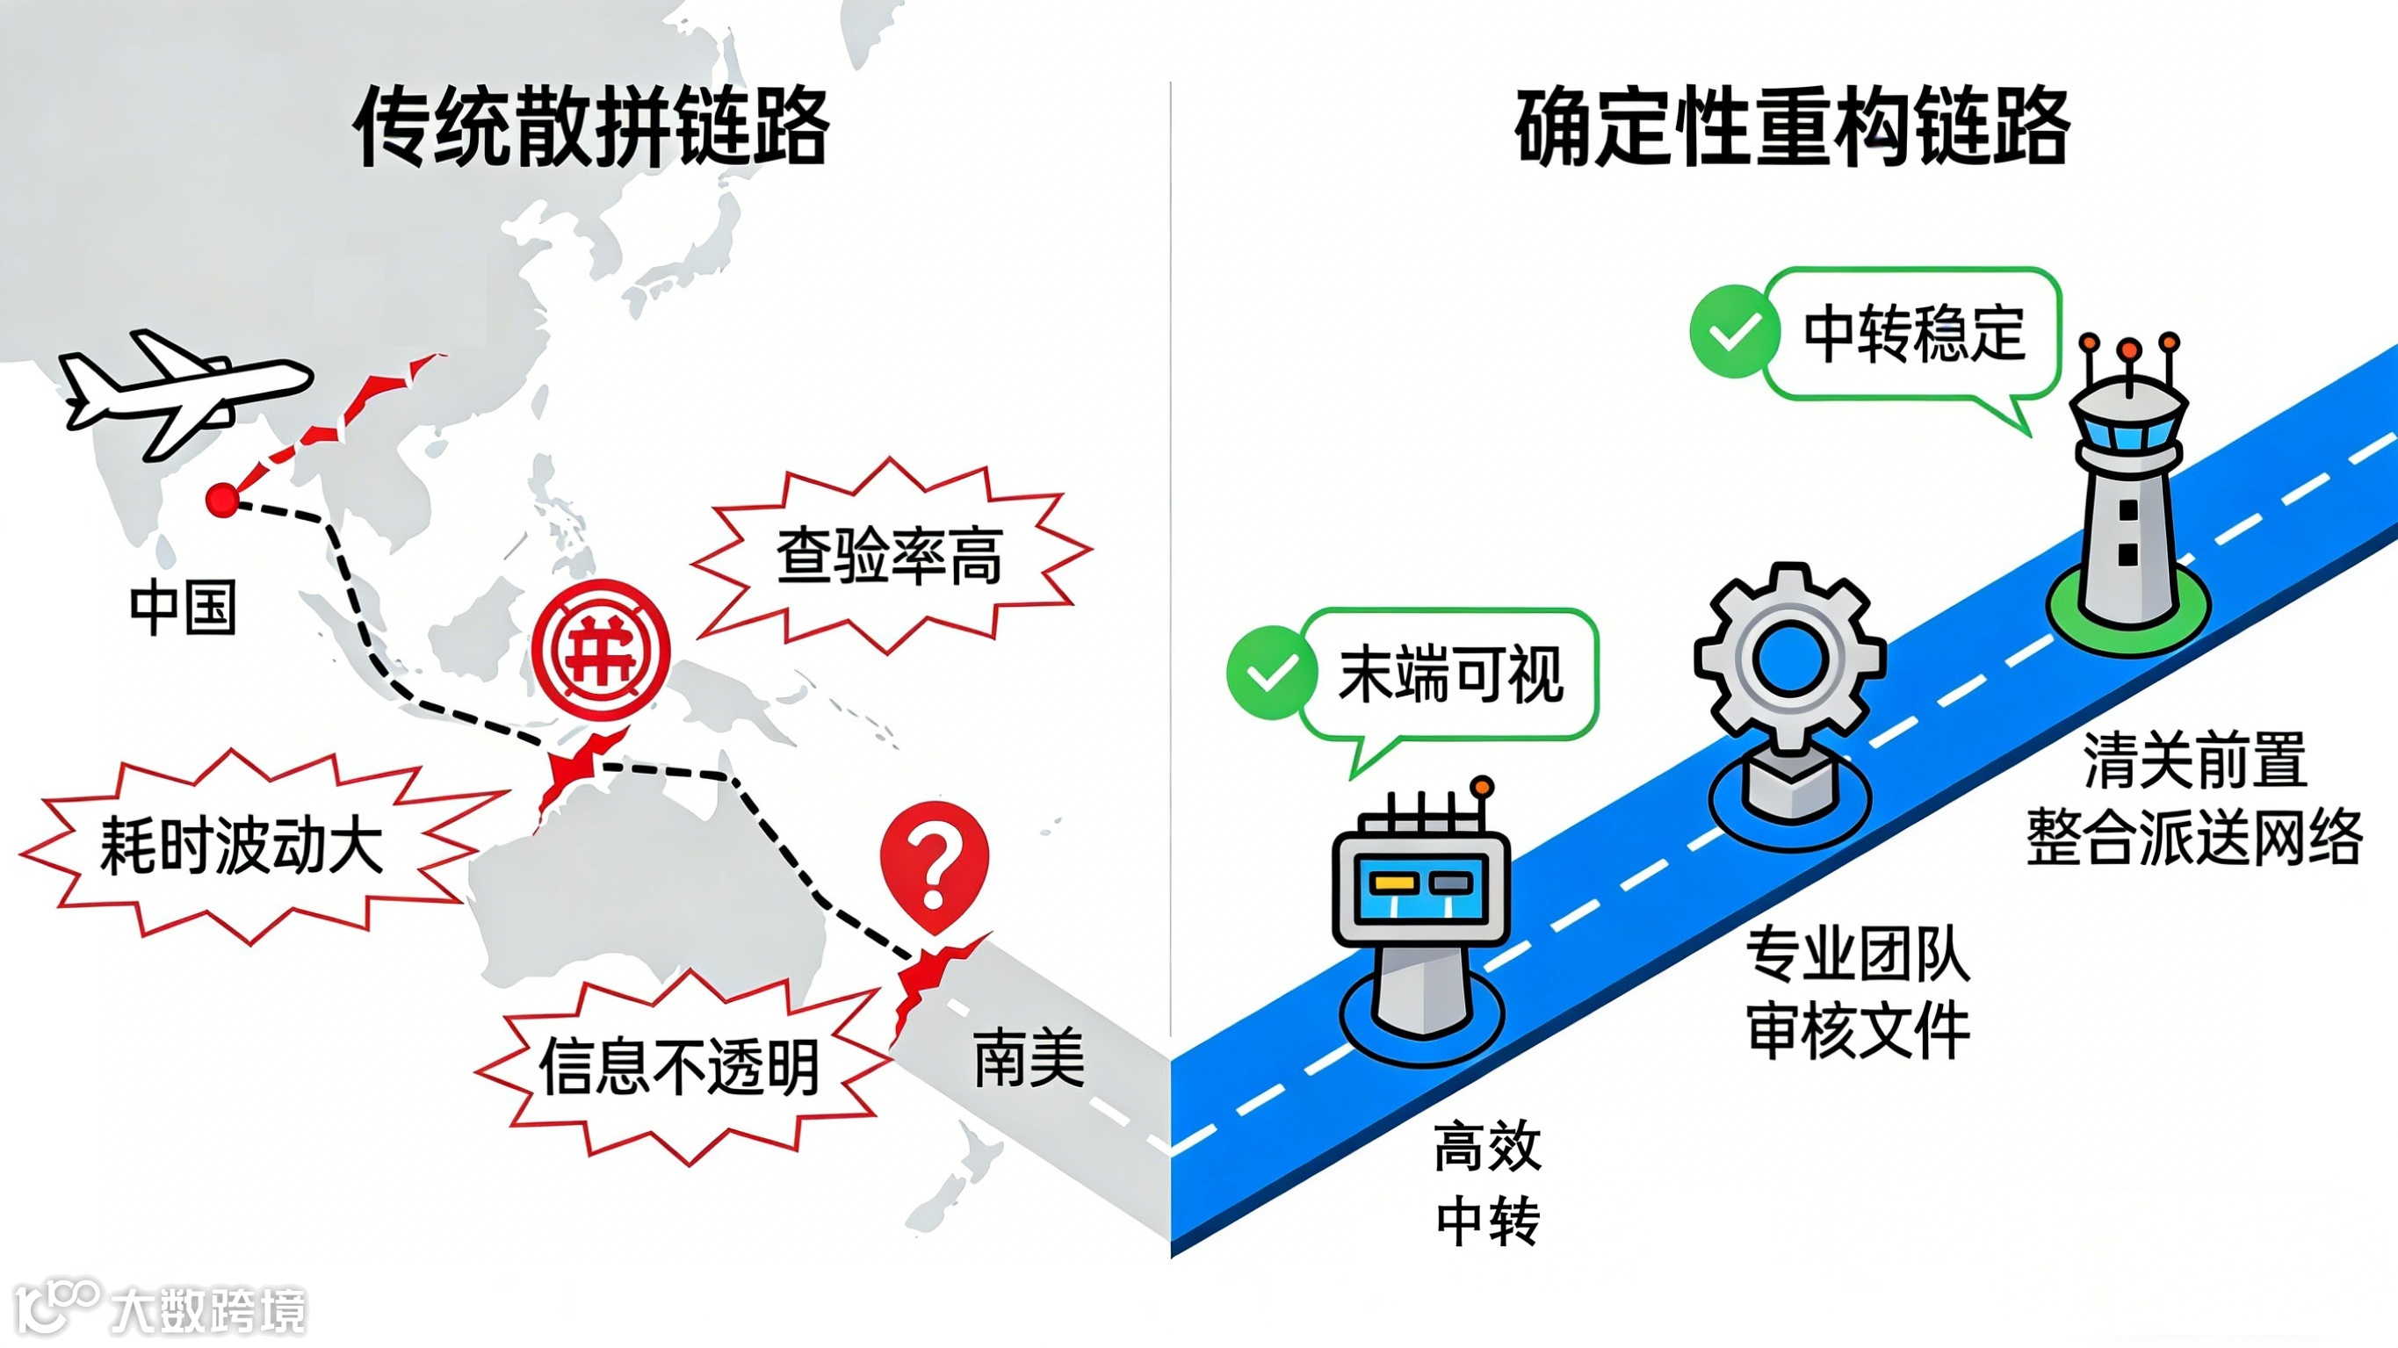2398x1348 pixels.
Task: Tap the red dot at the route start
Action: [x=222, y=500]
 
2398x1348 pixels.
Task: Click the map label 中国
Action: [x=183, y=608]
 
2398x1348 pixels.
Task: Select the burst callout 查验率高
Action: [x=889, y=556]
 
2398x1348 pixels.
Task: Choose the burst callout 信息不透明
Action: [x=680, y=1067]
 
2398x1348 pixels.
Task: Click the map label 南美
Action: [x=1029, y=1057]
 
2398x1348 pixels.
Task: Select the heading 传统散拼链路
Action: [x=592, y=126]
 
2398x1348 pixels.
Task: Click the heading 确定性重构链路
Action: [x=1792, y=126]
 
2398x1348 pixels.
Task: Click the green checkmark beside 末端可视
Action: [x=1271, y=672]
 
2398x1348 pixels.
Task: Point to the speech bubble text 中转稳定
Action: [x=1914, y=334]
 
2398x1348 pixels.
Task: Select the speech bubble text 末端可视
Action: [x=1450, y=674]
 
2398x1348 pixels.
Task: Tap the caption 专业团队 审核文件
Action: [x=1858, y=992]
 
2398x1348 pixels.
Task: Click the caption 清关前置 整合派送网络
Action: [x=2194, y=799]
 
